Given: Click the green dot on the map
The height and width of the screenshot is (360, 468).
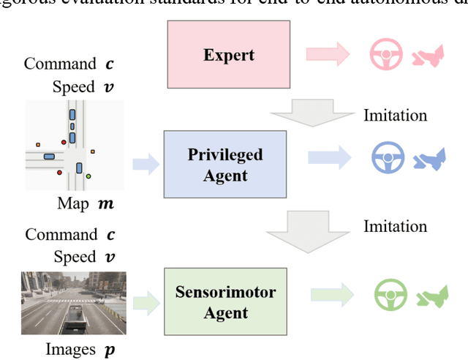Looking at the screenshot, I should (88, 176).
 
